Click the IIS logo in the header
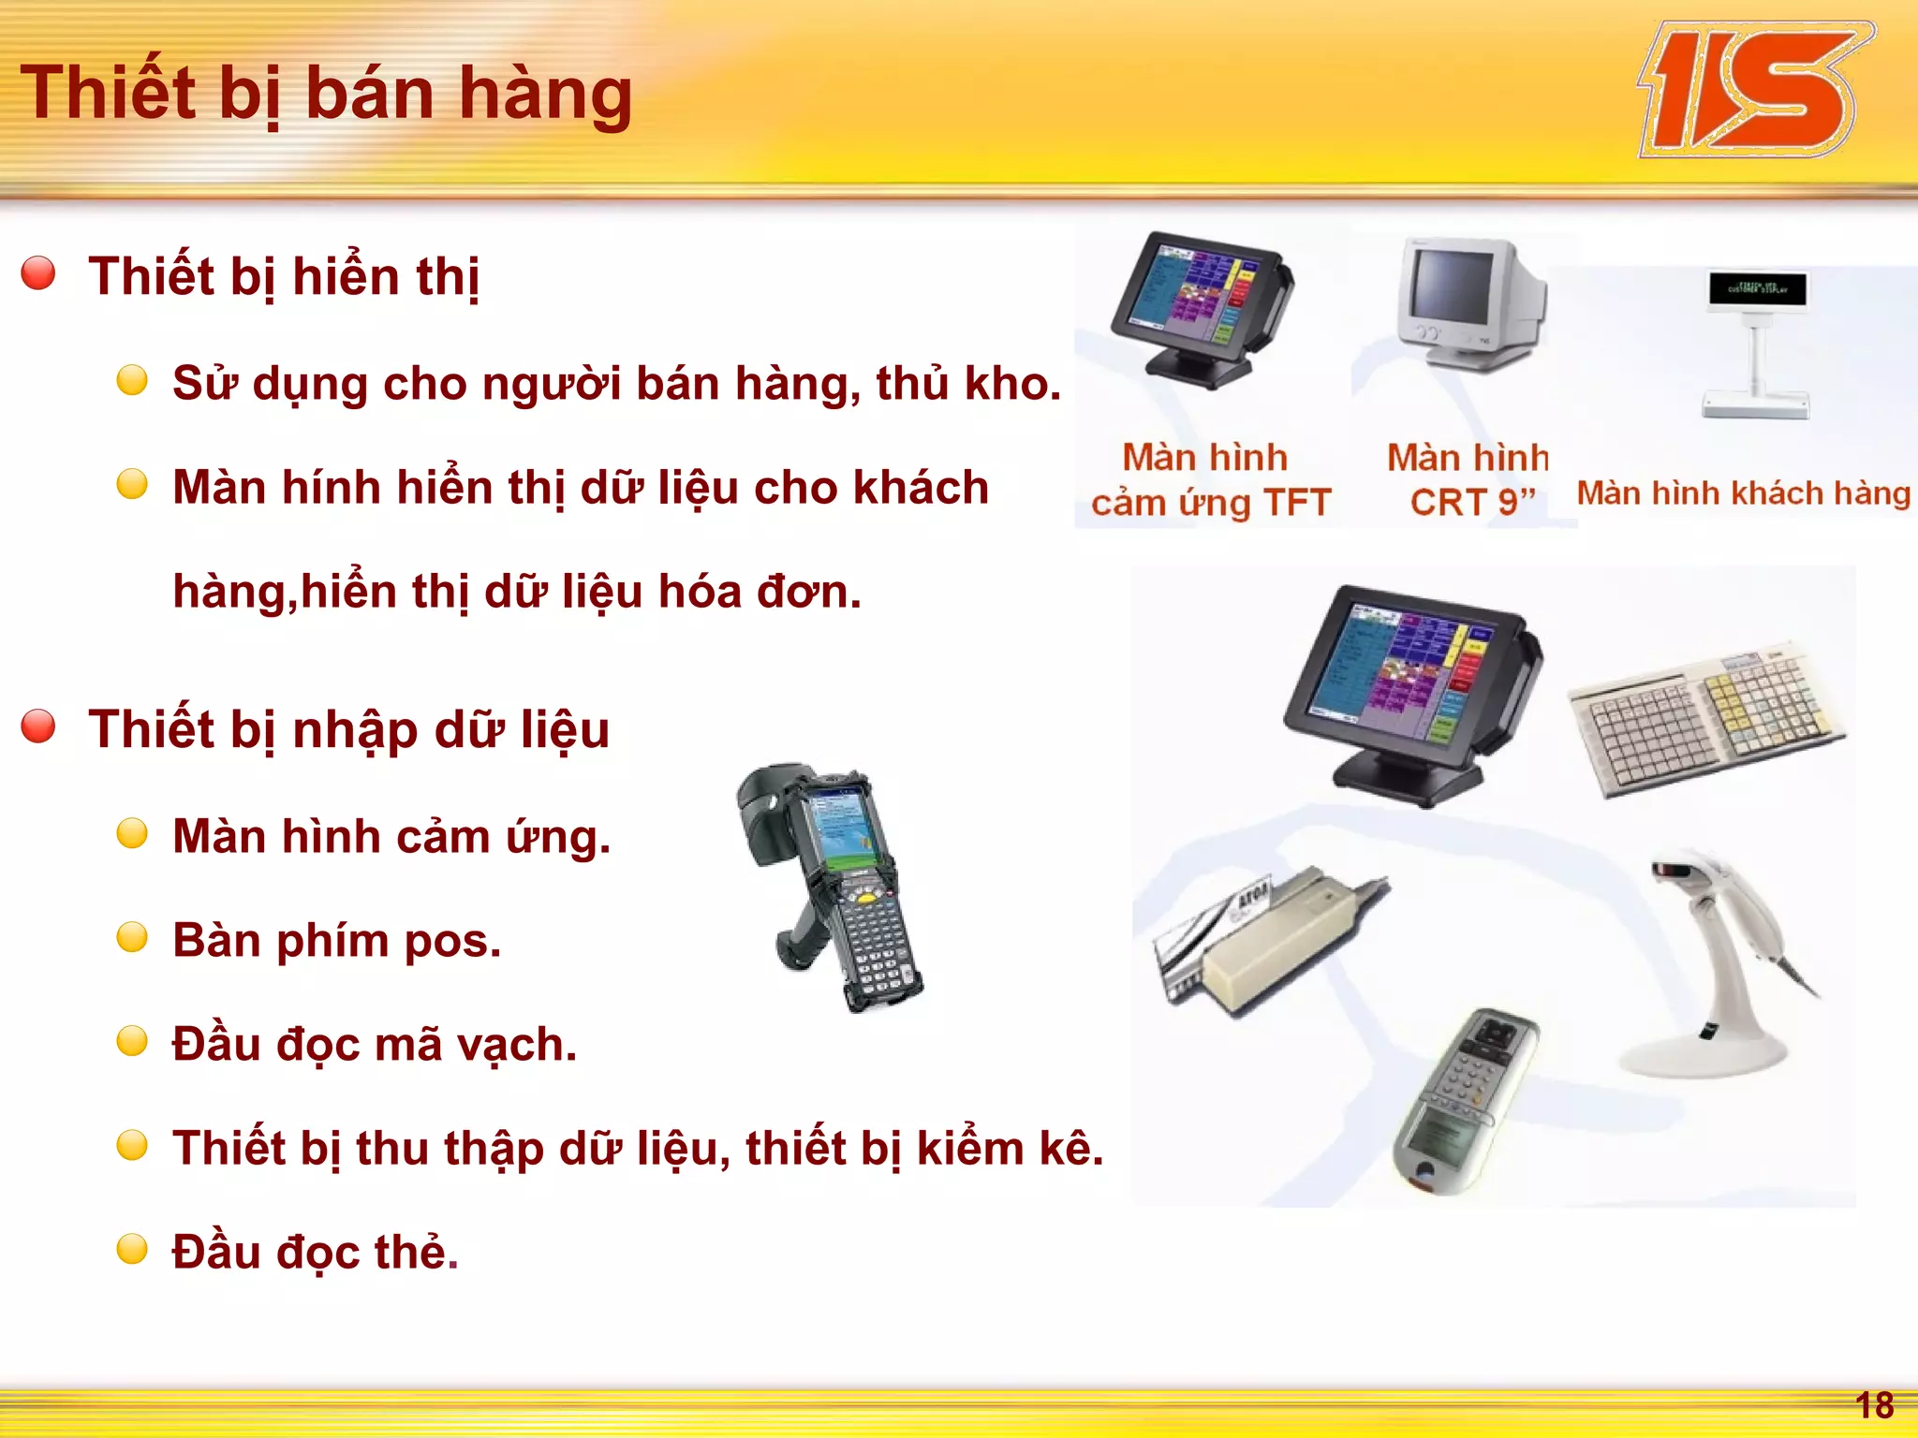1753,92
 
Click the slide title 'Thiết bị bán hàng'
326,94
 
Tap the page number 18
1874,1405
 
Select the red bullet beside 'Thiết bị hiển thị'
38,273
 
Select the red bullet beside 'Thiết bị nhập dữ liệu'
38,726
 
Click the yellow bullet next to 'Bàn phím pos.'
132,937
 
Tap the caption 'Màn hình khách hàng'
1743,493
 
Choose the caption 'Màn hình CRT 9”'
1468,480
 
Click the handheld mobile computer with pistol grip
834,885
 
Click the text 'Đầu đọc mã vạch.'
375,1045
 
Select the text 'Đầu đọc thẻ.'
315,1253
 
